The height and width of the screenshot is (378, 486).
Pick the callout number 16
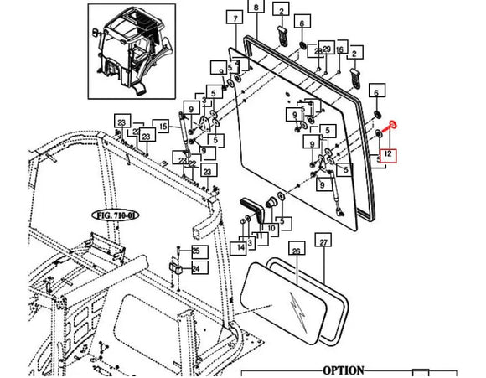pos(340,50)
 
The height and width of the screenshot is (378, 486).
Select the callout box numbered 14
pos(241,247)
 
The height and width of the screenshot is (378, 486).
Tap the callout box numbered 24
pos(196,268)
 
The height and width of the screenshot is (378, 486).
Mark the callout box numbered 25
pos(196,251)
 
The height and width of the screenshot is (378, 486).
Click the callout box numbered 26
pos(296,250)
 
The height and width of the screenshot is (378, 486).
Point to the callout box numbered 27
pos(324,242)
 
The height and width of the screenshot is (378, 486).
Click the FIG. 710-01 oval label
pos(114,215)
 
